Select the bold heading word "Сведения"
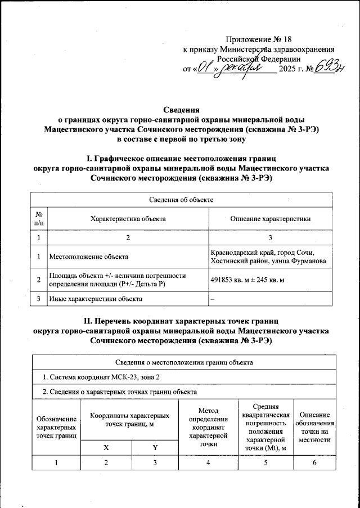[x=180, y=110]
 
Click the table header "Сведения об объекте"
[x=180, y=200]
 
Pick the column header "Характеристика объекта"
[x=128, y=219]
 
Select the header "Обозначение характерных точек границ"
[x=56, y=427]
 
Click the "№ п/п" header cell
[x=39, y=219]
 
